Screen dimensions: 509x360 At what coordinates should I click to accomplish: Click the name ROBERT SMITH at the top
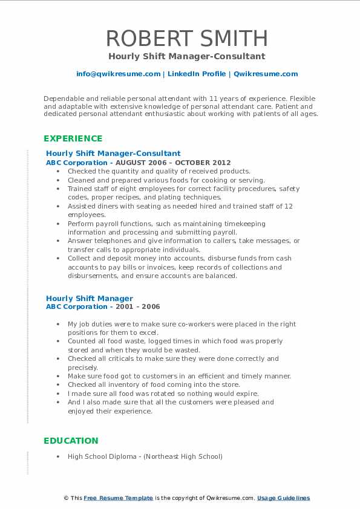point(187,38)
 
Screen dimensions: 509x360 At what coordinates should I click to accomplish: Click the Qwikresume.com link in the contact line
point(266,74)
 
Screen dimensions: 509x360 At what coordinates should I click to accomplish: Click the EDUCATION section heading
point(70,441)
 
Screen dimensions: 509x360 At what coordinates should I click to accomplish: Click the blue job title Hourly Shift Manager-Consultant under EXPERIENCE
point(113,154)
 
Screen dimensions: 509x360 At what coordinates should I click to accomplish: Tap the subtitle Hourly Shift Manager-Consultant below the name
point(187,56)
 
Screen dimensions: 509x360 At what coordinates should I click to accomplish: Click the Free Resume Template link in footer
point(118,498)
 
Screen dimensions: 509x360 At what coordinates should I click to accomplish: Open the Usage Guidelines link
point(283,498)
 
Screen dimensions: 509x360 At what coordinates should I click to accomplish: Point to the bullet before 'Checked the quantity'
point(58,172)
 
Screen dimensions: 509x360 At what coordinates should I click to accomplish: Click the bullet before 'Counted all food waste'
point(58,342)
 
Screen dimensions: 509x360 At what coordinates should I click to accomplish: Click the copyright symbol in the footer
point(67,498)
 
